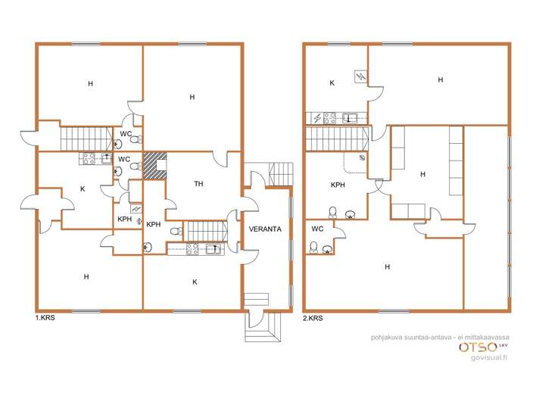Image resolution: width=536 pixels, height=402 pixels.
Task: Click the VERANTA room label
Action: (x=265, y=229)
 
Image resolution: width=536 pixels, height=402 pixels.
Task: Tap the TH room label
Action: (x=198, y=184)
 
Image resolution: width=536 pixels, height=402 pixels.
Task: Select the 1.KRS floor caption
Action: (x=45, y=318)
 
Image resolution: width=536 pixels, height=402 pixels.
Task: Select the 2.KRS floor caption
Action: (x=313, y=318)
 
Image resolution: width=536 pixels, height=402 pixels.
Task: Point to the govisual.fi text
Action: (x=489, y=357)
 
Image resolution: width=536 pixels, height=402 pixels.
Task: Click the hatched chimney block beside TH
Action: (x=154, y=166)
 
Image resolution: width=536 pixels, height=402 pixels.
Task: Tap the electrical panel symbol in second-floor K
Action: (x=360, y=76)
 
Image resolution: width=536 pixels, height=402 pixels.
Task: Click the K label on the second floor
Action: (x=332, y=83)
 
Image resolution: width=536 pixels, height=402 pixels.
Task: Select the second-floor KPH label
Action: (x=338, y=185)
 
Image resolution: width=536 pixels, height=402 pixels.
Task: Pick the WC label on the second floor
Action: (x=317, y=229)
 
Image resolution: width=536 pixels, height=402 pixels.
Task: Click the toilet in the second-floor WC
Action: (x=313, y=248)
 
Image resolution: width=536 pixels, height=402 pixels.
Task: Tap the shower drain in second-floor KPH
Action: (x=362, y=157)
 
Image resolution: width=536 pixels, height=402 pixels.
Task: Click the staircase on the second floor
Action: (x=337, y=139)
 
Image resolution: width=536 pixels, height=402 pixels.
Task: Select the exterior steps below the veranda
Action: (x=263, y=327)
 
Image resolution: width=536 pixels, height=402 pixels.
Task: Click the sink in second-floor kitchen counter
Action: (x=350, y=118)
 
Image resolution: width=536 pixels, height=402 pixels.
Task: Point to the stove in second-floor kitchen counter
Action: (x=329, y=118)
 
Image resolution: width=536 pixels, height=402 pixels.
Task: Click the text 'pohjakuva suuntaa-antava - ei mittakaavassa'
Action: (x=440, y=337)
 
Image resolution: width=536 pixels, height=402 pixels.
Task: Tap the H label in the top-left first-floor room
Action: (x=90, y=84)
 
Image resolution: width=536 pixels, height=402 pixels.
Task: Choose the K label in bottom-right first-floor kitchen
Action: (x=195, y=282)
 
